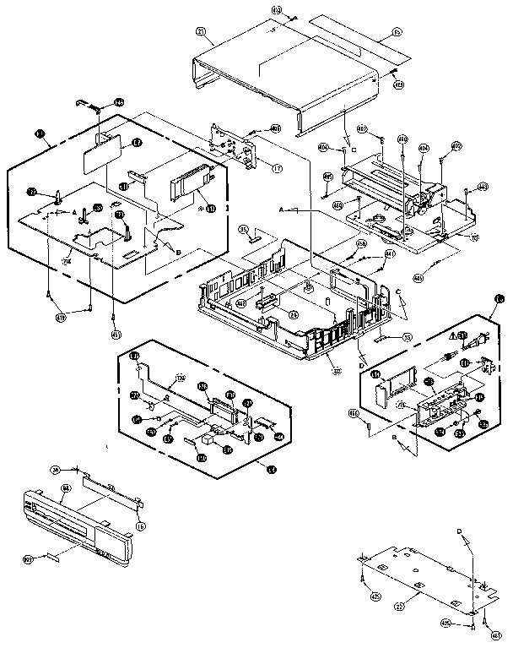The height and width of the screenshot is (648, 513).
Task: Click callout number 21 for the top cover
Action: (x=201, y=31)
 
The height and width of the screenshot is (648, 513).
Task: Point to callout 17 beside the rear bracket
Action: (x=277, y=168)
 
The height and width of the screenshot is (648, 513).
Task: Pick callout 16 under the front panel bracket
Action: (x=140, y=526)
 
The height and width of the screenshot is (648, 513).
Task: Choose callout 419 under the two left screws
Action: (x=60, y=317)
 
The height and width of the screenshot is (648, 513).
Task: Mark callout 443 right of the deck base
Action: (x=482, y=187)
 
